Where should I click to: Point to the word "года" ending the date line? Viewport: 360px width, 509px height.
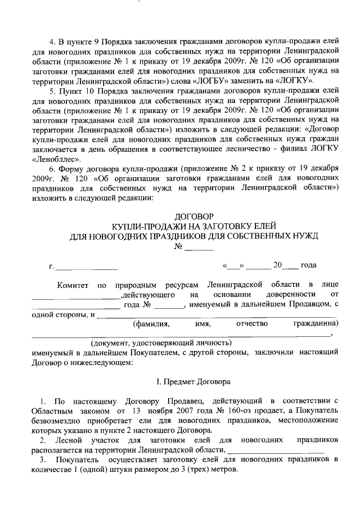309,265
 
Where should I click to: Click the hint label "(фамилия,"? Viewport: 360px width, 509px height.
148,325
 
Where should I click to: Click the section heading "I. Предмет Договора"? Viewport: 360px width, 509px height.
193,382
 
